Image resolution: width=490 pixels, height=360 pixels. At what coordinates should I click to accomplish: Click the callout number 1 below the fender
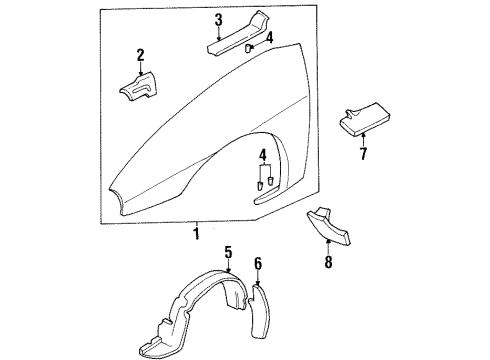coord(197,233)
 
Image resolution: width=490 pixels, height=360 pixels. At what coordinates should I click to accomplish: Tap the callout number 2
coord(141,55)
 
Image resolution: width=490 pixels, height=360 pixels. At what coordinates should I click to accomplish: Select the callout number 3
coord(218,20)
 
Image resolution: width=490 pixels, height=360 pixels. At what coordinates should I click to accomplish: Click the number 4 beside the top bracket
coord(253,38)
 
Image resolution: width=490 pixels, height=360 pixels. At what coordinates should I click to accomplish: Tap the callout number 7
coord(363,155)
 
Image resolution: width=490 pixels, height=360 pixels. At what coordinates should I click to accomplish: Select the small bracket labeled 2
coord(140,85)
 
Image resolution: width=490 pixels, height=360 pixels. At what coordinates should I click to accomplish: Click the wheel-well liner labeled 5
coord(200,300)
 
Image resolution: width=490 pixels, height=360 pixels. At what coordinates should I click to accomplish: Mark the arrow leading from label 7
coord(363,141)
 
